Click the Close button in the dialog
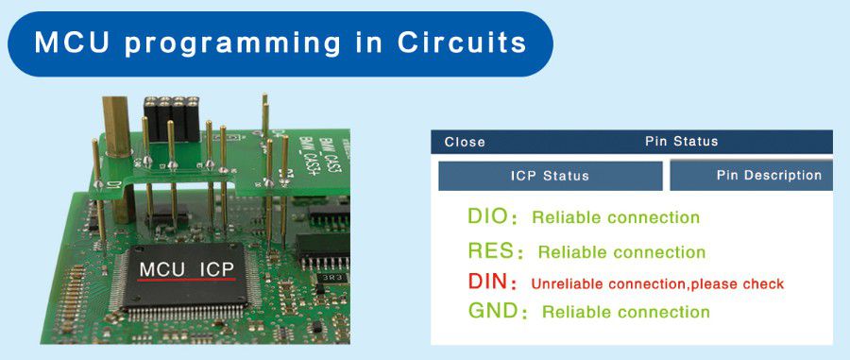click(465, 142)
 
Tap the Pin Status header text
click(681, 142)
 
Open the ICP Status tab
click(550, 176)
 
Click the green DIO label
click(487, 216)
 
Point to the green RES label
click(490, 251)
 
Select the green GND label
click(490, 311)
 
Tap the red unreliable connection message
click(657, 283)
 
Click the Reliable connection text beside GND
click(625, 312)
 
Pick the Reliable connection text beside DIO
click(616, 217)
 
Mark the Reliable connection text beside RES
click(621, 252)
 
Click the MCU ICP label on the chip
click(185, 269)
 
